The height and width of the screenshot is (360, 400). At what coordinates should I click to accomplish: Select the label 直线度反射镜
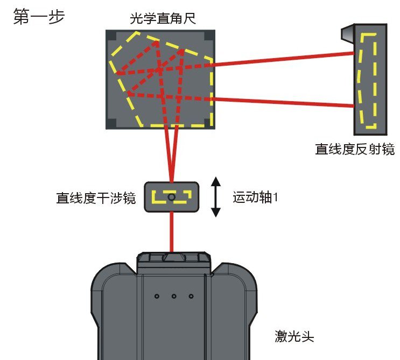(355, 149)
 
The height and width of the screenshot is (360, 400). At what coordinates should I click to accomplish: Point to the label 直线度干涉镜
(96, 198)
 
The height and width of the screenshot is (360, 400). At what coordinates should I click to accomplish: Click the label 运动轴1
(255, 197)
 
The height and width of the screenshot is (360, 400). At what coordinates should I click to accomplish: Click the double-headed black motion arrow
(216, 196)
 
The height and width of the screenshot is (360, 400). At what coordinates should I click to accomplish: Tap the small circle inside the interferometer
(171, 197)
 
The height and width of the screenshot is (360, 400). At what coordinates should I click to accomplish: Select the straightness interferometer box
(171, 197)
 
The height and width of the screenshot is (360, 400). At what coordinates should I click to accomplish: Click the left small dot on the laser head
(157, 295)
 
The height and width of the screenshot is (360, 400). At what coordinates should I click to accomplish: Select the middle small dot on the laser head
(174, 295)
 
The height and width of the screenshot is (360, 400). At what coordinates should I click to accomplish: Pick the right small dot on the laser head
(191, 295)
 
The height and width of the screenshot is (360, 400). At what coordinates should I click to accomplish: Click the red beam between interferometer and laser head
(172, 231)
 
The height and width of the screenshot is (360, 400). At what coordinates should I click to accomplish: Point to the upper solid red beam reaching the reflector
(280, 59)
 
